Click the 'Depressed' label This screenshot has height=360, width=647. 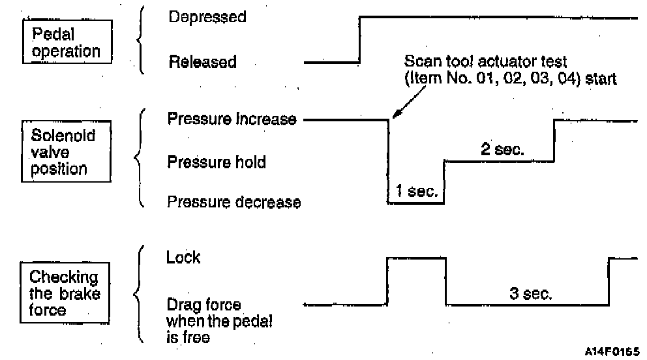coord(207,17)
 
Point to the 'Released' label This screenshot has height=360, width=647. coord(202,63)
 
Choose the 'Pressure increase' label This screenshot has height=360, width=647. coord(232,119)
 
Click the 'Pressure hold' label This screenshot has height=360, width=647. coord(217,161)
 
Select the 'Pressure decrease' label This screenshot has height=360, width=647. coord(234,202)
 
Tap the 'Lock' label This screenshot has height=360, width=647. coord(183,257)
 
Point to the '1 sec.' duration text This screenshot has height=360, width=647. coord(416,192)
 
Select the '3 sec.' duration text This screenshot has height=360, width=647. coord(530,294)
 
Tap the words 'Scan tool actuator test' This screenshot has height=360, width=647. coord(486,61)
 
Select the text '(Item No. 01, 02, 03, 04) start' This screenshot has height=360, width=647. coord(509,78)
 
